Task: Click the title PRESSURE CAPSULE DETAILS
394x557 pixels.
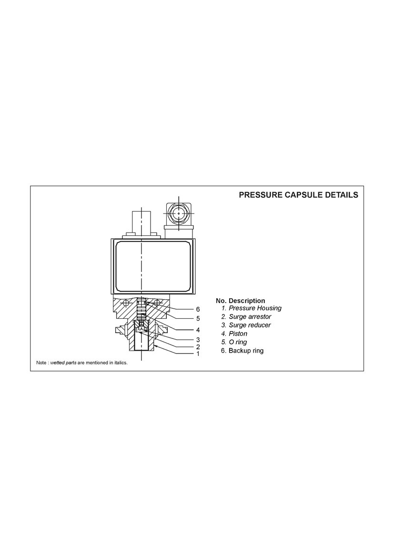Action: pos(298,195)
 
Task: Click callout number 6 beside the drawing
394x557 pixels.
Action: pos(198,309)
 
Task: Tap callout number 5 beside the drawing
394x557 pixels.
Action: pos(198,319)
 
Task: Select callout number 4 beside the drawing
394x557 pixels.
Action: pos(198,330)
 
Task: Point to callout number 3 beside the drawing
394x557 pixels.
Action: pos(198,340)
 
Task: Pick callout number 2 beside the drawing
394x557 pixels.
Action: pos(198,347)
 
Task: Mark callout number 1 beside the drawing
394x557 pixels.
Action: pos(198,354)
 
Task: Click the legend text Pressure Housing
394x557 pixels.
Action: pos(255,308)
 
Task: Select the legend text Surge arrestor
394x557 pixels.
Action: pos(250,317)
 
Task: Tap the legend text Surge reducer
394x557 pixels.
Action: pos(250,325)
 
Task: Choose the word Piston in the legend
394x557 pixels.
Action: pos(238,334)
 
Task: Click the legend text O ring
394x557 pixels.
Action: pos(238,343)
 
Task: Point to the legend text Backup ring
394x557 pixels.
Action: pos(246,351)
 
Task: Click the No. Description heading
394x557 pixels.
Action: pos(241,301)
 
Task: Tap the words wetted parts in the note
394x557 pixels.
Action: pos(63,363)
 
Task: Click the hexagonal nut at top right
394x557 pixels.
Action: pos(178,213)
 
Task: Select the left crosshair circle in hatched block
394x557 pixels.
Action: pos(125,302)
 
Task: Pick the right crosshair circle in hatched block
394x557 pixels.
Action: pos(157,302)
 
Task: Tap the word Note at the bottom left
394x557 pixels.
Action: pos(41,363)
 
